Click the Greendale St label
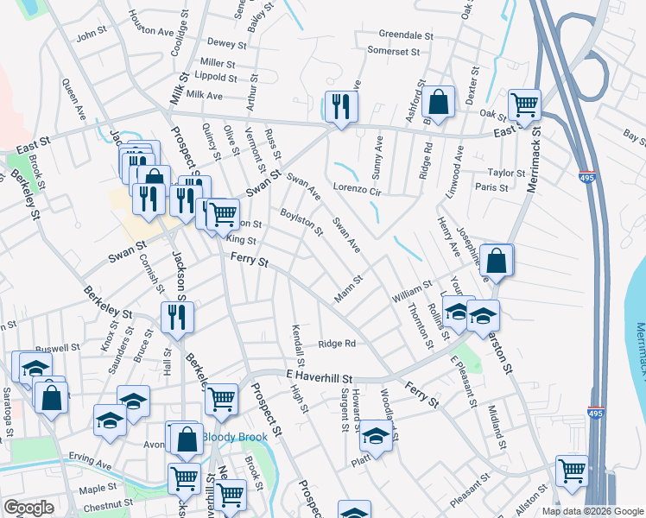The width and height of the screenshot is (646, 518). (x=406, y=35)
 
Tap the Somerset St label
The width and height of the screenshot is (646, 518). (x=393, y=51)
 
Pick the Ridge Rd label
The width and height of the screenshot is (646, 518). (x=337, y=344)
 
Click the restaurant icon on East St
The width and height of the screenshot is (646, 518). (x=341, y=106)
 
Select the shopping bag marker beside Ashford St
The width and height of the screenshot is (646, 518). (x=439, y=101)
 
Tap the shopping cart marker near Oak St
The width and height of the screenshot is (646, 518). (x=524, y=104)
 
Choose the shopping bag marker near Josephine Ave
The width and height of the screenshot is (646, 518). (x=497, y=259)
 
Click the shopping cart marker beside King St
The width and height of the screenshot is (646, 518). (x=224, y=212)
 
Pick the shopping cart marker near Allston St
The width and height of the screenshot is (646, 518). (x=572, y=471)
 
